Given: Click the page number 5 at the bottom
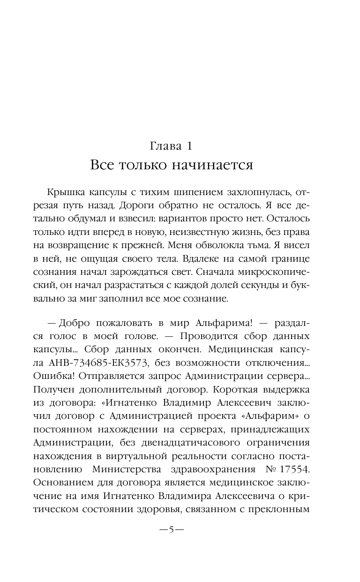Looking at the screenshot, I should pos(172,530).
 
